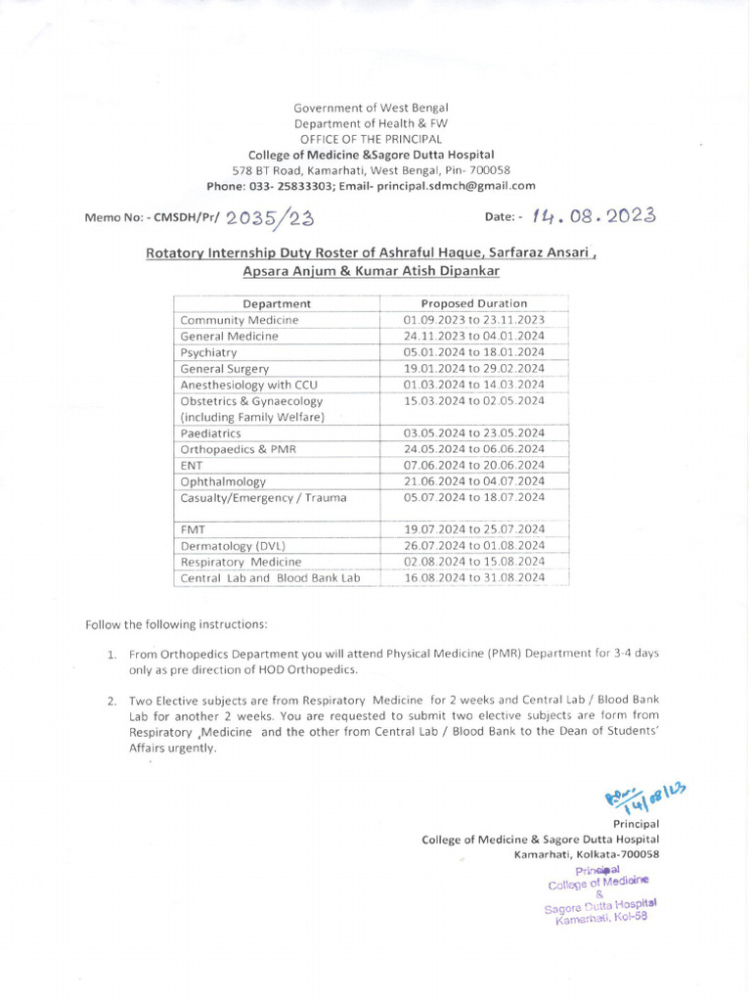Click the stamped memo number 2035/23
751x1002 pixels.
pyautogui.click(x=268, y=218)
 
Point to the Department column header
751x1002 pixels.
pyautogui.click(x=277, y=303)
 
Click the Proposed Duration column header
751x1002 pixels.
pyautogui.click(x=473, y=303)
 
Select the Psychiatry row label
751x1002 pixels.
pyautogui.click(x=209, y=352)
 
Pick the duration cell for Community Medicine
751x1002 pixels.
pyautogui.click(x=473, y=320)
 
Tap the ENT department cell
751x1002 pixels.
pyautogui.click(x=192, y=465)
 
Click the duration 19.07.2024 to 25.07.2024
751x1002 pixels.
pyautogui.click(x=473, y=529)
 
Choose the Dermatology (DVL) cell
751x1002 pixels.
pyautogui.click(x=232, y=546)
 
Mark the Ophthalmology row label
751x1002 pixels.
pyautogui.click(x=223, y=481)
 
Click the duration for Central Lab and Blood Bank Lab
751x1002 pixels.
pyautogui.click(x=473, y=578)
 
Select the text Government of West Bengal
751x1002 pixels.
pyautogui.click(x=371, y=108)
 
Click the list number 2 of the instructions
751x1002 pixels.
pyautogui.click(x=112, y=701)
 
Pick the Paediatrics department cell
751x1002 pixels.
pyautogui.click(x=210, y=433)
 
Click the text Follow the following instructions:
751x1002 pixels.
pyautogui.click(x=176, y=624)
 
